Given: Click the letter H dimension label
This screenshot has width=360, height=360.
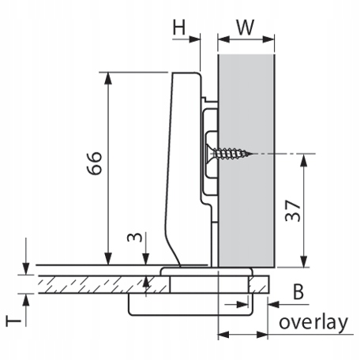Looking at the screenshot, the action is [179, 27].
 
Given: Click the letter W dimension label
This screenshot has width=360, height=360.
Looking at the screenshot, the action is [246, 27].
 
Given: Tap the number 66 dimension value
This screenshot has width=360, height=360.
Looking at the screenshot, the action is [94, 163].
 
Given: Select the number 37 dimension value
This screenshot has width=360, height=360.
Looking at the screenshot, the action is [293, 211].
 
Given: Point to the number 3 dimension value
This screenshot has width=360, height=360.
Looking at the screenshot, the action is [134, 237].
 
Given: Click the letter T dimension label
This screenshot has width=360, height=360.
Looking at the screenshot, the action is [13, 321].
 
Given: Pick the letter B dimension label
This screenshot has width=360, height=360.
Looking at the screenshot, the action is [298, 292].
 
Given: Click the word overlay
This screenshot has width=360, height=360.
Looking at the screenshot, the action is [313, 323].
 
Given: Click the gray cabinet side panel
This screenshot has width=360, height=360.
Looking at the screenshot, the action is [246, 160].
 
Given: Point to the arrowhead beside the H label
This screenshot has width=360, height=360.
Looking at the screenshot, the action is [194, 39].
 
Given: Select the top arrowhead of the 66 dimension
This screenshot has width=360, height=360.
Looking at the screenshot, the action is [108, 78].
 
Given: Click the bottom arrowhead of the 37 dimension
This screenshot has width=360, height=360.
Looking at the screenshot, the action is [304, 261].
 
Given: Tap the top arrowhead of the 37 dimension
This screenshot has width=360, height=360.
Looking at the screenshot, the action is [304, 160].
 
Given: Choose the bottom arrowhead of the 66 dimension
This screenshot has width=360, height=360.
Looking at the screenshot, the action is [108, 259].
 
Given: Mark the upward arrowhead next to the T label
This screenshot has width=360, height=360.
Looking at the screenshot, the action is [25, 300].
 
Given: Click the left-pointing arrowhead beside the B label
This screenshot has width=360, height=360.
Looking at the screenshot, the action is [273, 305].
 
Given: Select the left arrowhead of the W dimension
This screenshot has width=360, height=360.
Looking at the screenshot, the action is [224, 39].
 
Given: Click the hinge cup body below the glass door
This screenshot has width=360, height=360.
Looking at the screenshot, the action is [190, 305].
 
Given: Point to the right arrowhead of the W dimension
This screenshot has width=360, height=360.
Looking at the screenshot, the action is [268, 39].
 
